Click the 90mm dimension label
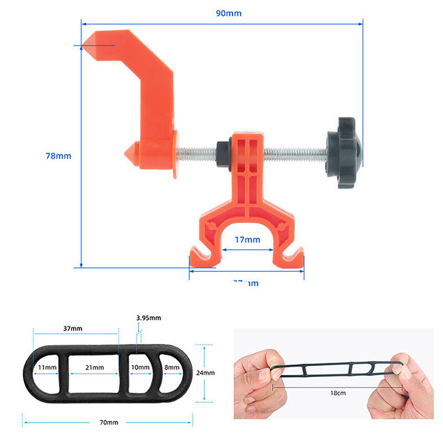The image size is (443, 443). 228,13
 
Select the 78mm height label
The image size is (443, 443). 58,156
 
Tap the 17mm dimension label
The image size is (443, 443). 246,240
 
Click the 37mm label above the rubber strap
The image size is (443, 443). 73,328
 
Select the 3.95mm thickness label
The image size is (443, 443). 148,318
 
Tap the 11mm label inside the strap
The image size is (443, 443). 47,367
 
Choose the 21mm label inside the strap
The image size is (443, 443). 94,367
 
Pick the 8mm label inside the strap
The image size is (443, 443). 172,367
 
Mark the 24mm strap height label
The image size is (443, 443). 205,373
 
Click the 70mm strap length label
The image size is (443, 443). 109,423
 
